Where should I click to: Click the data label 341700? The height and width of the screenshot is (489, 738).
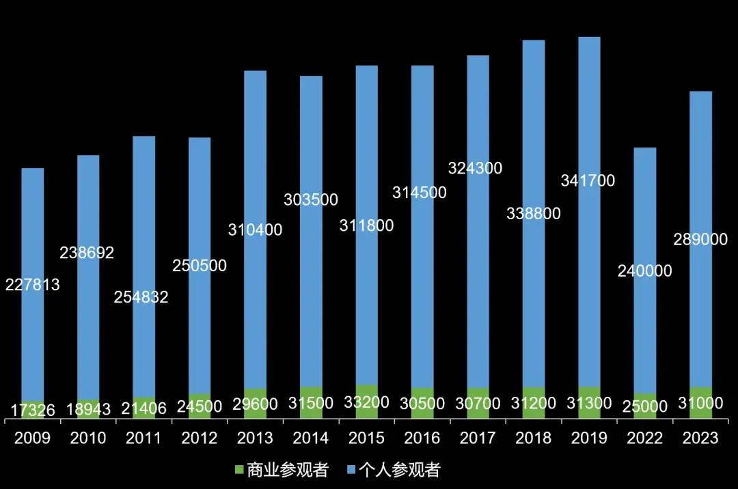pos(588,181)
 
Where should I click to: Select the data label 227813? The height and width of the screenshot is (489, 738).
pos(33,285)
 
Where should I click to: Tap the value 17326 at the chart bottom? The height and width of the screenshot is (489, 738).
pos(33,410)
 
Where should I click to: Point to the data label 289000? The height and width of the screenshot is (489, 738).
pos(700,239)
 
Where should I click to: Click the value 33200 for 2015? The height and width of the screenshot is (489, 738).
pos(367,403)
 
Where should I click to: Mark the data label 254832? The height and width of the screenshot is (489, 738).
pos(141,297)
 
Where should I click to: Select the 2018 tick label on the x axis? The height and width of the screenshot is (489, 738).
pos(534,438)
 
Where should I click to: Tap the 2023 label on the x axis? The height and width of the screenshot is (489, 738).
pos(700,438)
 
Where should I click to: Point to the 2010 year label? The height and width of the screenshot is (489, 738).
pos(88,438)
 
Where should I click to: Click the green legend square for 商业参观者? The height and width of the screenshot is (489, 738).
pos(238,470)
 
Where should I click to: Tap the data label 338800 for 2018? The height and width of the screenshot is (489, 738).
pos(533,214)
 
